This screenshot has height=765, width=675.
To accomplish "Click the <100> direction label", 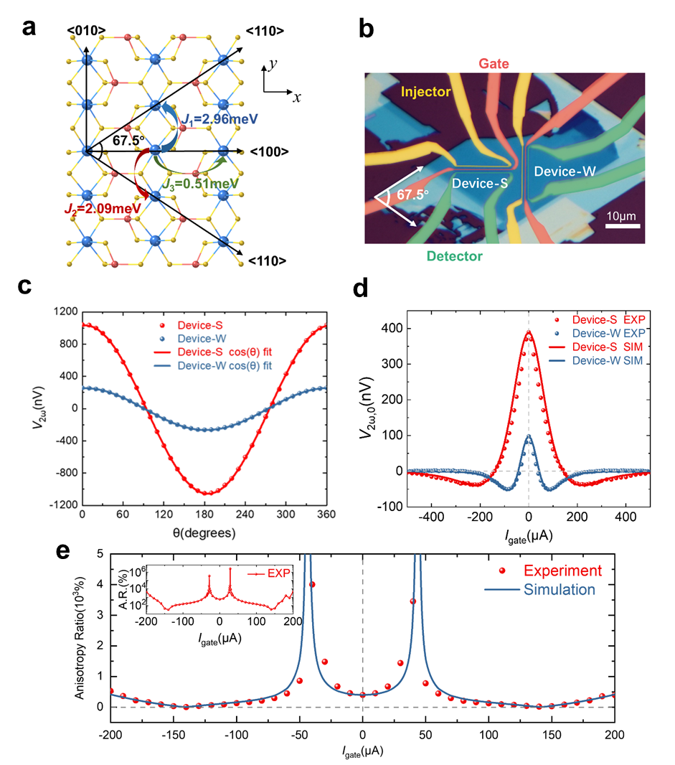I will pyautogui.click(x=269, y=152).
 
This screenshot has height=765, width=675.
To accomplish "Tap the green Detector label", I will pyautogui.click(x=453, y=256).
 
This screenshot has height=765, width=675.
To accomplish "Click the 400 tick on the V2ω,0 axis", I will pyautogui.click(x=394, y=329).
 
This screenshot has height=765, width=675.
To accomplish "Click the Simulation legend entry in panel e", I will pyautogui.click(x=559, y=590).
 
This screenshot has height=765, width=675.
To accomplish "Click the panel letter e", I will pyautogui.click(x=63, y=550).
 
